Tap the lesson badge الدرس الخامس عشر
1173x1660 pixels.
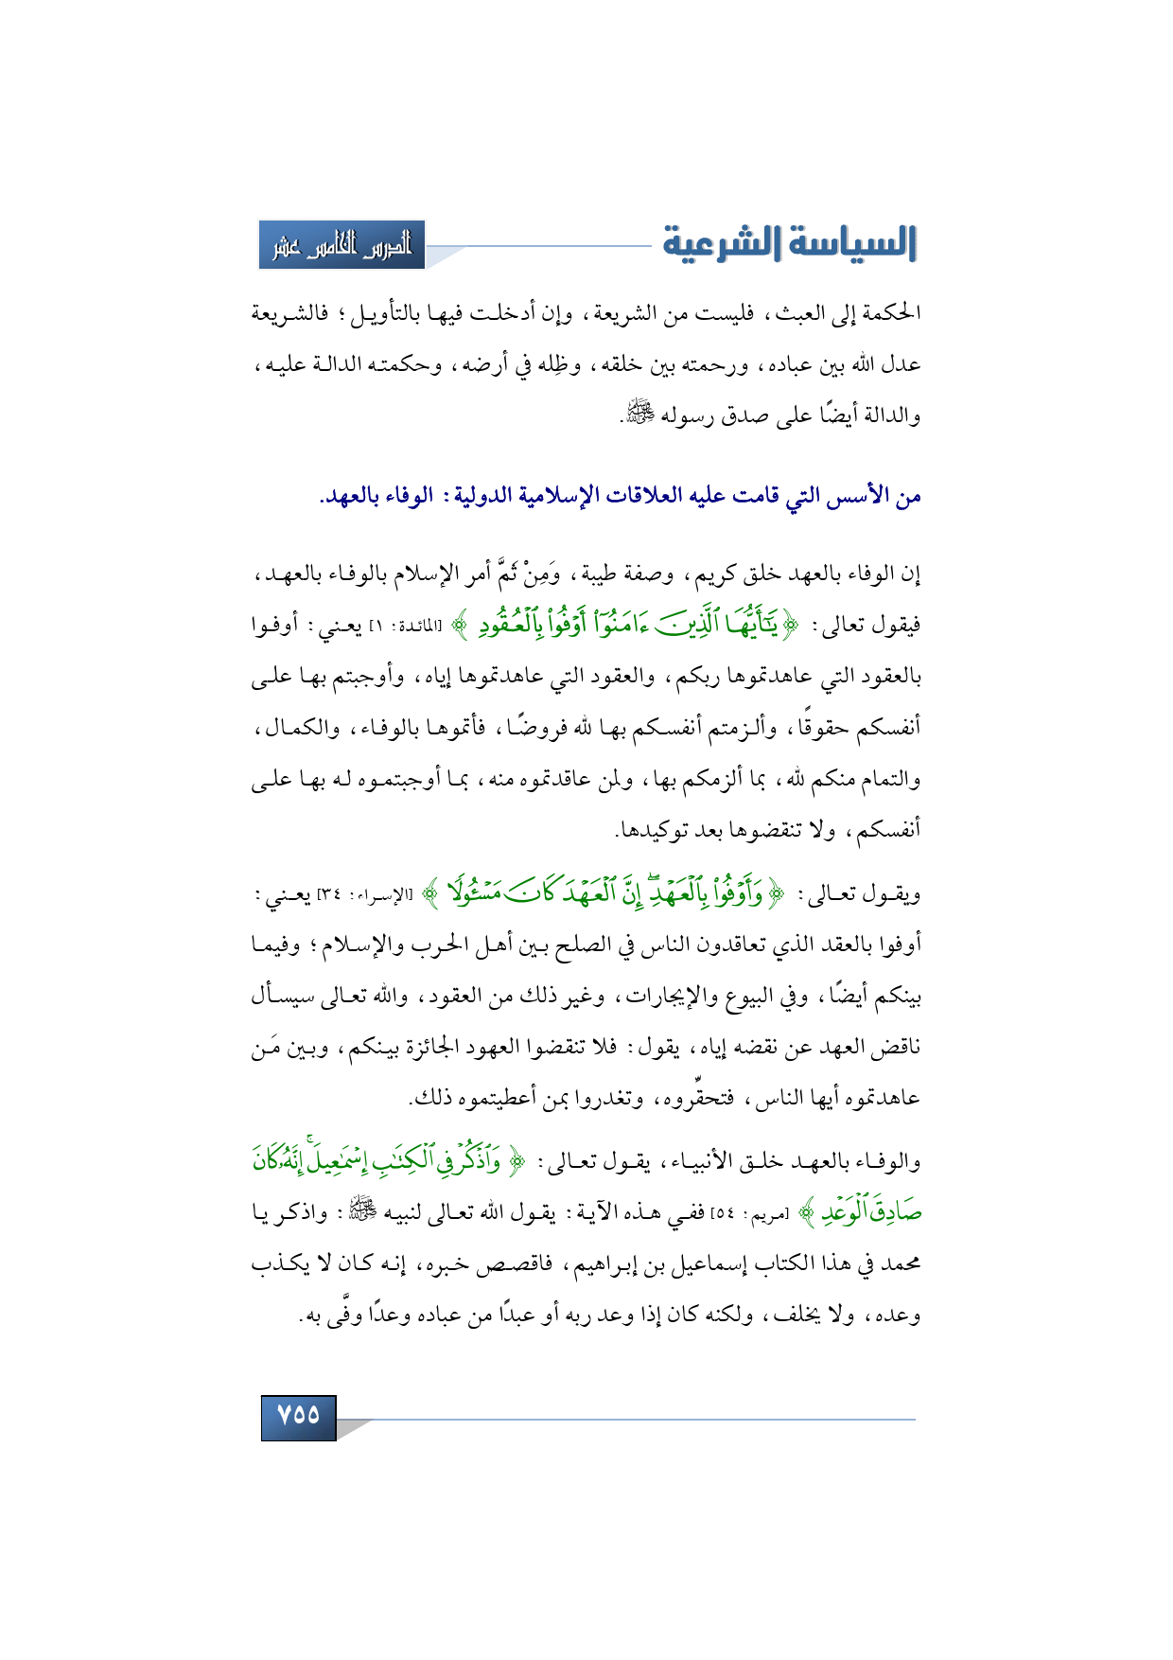coord(342,245)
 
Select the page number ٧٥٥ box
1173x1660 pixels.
coord(299,1416)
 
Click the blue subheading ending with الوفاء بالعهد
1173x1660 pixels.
coord(620,496)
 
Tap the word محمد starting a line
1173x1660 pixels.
coord(900,1264)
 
